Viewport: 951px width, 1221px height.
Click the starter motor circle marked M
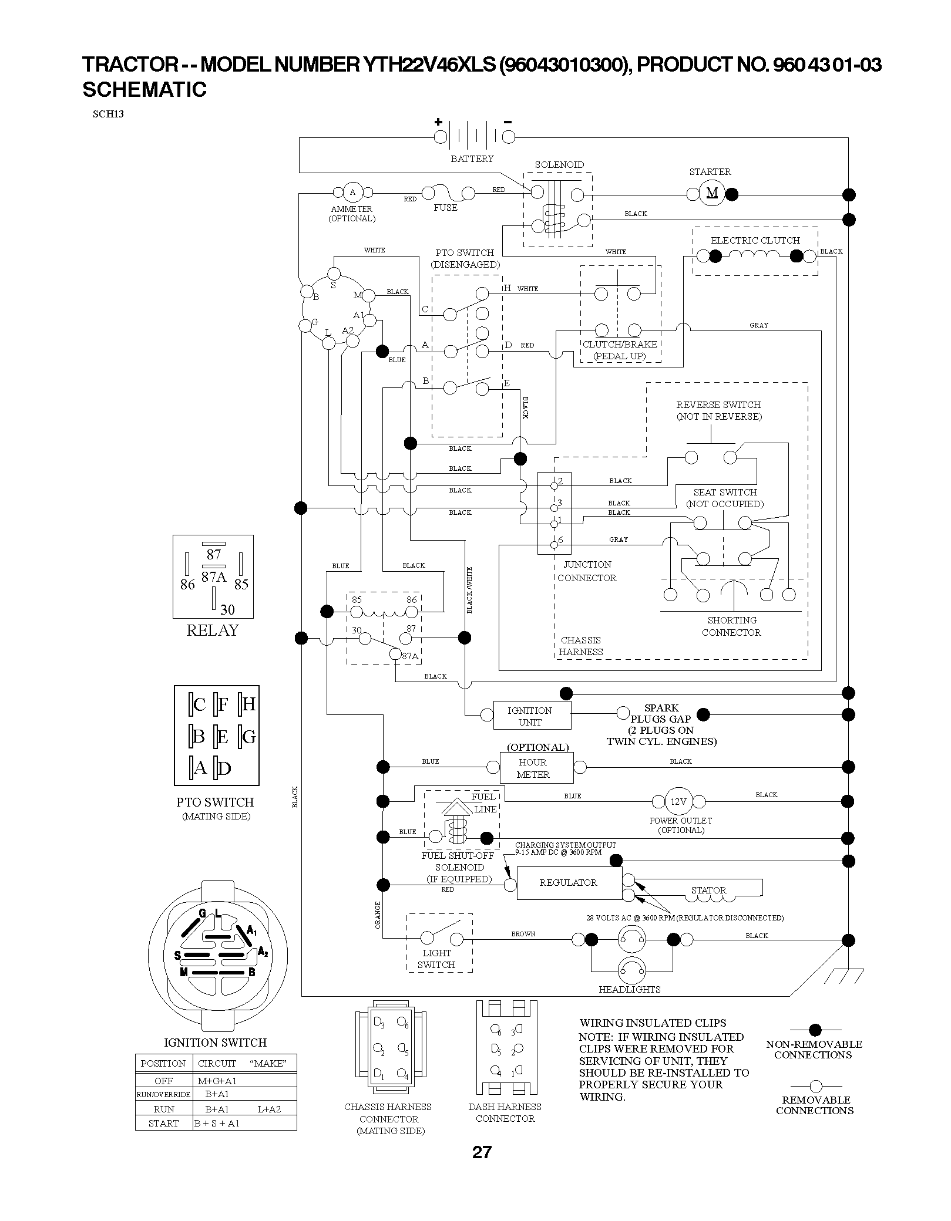(712, 193)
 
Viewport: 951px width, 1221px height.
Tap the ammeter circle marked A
(352, 192)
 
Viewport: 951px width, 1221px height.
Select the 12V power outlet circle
(678, 801)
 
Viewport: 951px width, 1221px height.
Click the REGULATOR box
(569, 882)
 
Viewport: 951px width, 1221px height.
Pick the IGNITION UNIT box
(530, 716)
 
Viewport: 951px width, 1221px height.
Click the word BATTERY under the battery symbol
(472, 158)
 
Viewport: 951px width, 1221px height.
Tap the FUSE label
(445, 207)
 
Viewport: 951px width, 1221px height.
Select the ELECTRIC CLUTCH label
(755, 240)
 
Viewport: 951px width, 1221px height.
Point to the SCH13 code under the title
(108, 114)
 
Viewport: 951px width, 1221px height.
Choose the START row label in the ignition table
(164, 1123)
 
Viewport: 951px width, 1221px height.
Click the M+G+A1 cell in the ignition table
(217, 1080)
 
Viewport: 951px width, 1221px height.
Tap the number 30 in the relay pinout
(227, 609)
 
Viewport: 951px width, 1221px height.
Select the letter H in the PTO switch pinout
(248, 703)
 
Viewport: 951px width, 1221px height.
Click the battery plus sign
(438, 122)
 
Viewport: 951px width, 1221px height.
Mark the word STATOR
(709, 890)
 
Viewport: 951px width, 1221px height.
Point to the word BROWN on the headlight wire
(523, 934)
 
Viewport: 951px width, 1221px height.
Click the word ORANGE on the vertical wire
(378, 915)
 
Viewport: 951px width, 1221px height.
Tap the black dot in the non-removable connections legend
(815, 1029)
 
